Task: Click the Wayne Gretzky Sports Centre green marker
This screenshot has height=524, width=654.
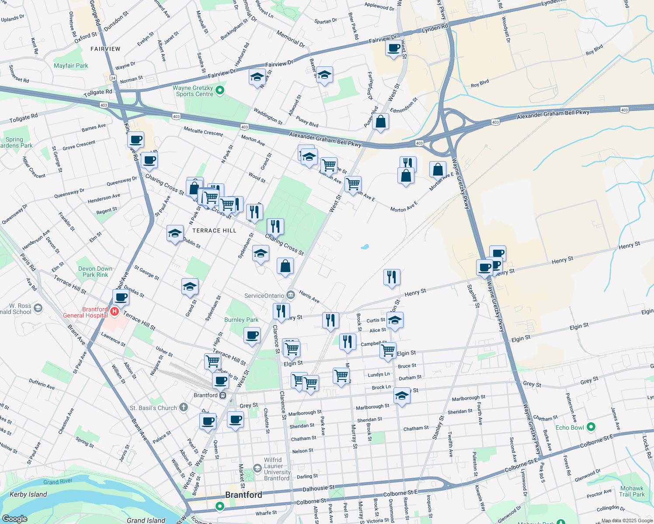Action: [220, 90]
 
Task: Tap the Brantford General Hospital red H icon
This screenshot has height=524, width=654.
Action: [115, 311]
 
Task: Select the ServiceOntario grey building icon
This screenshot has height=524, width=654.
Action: [291, 295]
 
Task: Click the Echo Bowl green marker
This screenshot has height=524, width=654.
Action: [591, 427]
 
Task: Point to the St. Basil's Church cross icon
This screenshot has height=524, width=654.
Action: [184, 407]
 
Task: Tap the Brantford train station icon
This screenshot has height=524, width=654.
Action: [223, 395]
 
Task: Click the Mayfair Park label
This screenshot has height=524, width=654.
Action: [71, 65]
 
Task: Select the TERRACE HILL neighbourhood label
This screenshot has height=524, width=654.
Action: [214, 231]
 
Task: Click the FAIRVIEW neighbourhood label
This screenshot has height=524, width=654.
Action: [105, 49]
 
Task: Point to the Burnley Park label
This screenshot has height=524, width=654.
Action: [241, 320]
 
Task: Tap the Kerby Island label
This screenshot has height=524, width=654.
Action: [28, 494]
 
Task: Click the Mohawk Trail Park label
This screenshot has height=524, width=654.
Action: [632, 491]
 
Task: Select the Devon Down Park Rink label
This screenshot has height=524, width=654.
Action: [95, 272]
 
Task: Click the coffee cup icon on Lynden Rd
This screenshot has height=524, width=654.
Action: [394, 48]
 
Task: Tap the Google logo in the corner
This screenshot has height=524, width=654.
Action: [14, 518]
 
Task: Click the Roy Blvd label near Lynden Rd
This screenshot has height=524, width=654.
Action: [594, 50]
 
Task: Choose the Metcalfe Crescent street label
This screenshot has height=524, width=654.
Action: [203, 131]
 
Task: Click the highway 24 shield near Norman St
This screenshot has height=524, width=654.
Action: [113, 78]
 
